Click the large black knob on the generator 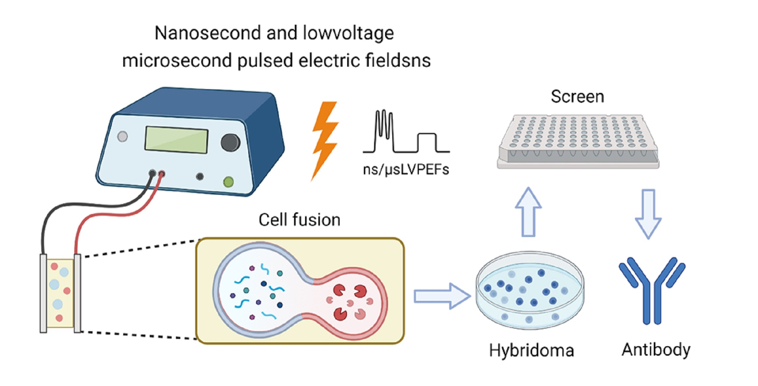tap(230, 143)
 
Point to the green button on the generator tap(228, 182)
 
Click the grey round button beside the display tap(122, 137)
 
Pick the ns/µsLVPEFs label tap(406, 169)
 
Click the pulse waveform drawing tap(406, 133)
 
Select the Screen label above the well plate tap(577, 97)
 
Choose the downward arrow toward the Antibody tap(648, 214)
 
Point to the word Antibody tap(656, 350)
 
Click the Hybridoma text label tap(531, 350)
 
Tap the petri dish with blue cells tap(530, 290)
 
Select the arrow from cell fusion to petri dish tap(442, 296)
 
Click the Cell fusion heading tap(299, 220)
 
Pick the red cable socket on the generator tap(161, 174)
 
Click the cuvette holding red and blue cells tap(60, 293)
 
